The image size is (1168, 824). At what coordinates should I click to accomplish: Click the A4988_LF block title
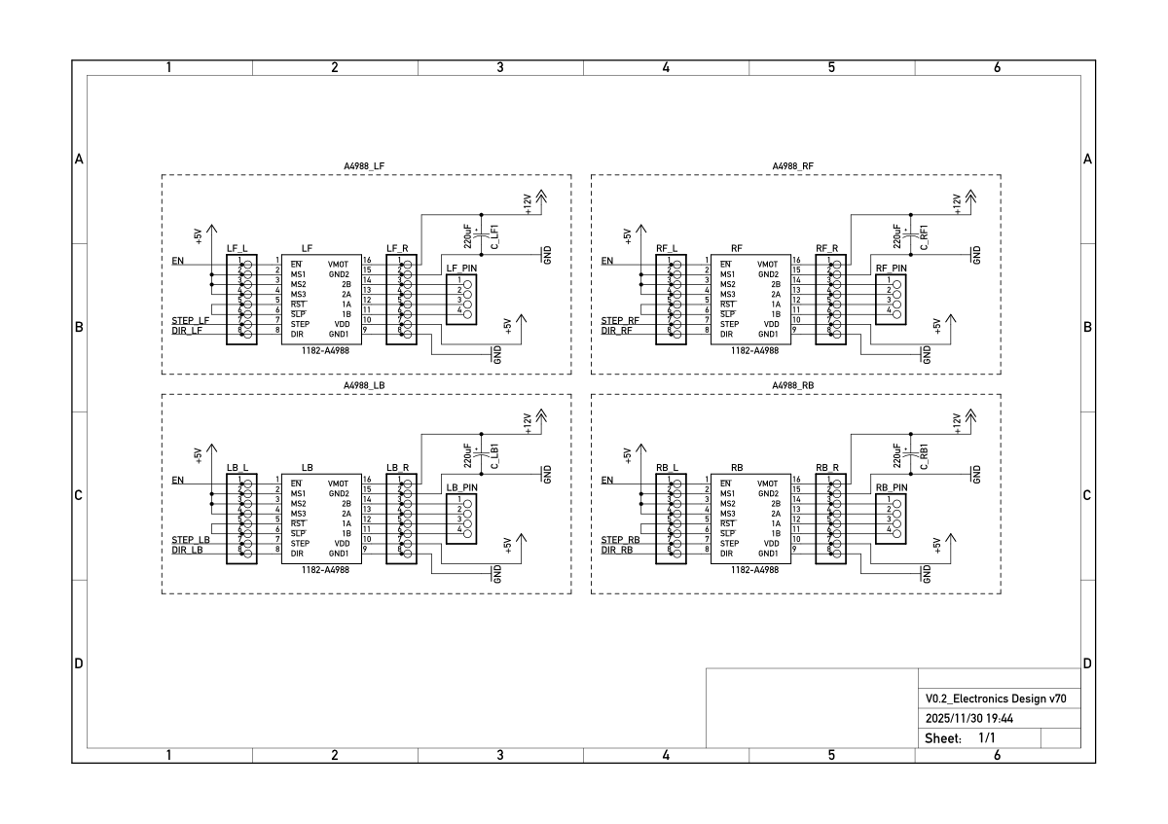pos(364,166)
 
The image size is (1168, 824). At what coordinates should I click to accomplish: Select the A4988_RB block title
pos(793,385)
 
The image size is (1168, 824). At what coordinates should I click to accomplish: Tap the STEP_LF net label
pos(191,320)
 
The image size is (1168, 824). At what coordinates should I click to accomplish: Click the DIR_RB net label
pos(617,550)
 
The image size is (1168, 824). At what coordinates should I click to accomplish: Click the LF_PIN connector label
pos(462,269)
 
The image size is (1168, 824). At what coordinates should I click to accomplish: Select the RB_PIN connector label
pos(892,487)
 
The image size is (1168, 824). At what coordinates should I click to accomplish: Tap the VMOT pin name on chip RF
pos(769,264)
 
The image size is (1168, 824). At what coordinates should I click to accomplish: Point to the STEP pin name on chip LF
pos(300,324)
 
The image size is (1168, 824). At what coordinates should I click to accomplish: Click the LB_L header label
pos(237,468)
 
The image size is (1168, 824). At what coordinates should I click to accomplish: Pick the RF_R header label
pos(827,248)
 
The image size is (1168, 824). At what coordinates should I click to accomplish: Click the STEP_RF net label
pos(620,320)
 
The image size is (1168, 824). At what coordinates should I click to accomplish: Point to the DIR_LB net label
pos(188,550)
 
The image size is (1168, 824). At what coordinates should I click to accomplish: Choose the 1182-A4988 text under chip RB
pos(754,570)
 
